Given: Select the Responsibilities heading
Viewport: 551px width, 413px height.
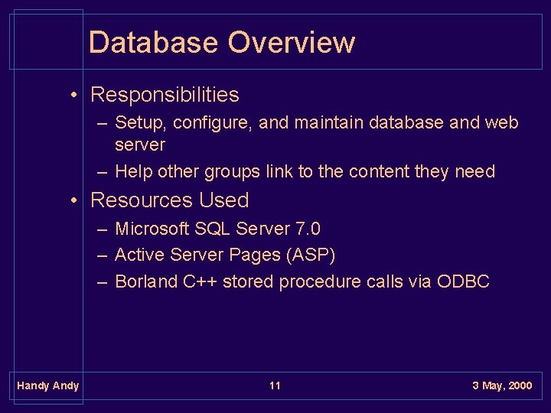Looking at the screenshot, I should (165, 95).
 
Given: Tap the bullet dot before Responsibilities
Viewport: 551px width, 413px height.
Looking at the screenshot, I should (75, 96).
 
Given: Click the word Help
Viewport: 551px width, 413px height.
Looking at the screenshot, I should (133, 171).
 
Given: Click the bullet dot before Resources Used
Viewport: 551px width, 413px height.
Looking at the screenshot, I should (75, 201).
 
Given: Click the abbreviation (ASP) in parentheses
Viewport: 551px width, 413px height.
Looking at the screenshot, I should (311, 255).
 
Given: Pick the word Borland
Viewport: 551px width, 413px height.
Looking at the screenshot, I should (146, 281).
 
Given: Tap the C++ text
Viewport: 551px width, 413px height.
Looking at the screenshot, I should (201, 281).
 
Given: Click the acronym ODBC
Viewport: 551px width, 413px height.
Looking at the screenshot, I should (463, 281).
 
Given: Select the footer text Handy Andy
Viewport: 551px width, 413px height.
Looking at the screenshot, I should (47, 385).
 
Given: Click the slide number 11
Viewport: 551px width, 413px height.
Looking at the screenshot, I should (275, 385).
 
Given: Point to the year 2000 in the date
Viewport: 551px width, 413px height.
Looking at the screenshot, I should (518, 385).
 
